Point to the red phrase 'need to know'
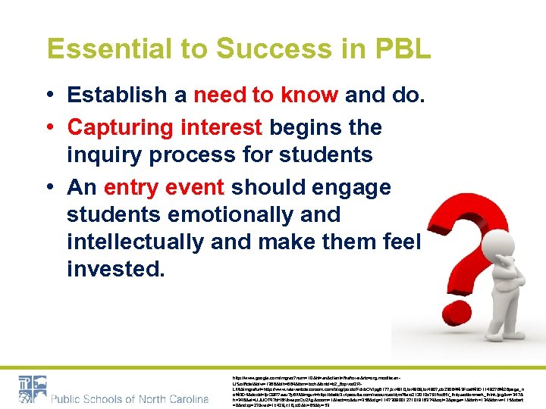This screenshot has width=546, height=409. pyautogui.click(x=266, y=95)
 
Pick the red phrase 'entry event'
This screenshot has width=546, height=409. pyautogui.click(x=164, y=186)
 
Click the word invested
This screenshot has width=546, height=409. pyautogui.click(x=115, y=269)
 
